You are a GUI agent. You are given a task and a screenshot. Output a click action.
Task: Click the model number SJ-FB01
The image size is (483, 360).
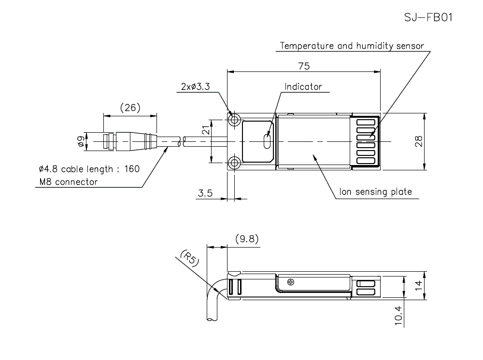tap(428, 17)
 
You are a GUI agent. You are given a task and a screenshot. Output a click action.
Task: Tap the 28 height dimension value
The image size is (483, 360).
tap(419, 141)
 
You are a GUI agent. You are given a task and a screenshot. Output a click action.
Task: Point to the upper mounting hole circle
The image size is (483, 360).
tap(235, 120)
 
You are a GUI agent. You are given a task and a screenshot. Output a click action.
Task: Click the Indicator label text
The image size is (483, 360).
tap(303, 87)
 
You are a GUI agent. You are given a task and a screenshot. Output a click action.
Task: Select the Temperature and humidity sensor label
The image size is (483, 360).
tap(352, 46)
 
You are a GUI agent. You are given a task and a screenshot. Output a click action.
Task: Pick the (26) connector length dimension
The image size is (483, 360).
tap(130, 108)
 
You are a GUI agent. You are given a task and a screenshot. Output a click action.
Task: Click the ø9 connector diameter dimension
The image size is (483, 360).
tap(80, 141)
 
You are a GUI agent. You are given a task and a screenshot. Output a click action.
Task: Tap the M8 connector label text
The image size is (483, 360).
tap(68, 182)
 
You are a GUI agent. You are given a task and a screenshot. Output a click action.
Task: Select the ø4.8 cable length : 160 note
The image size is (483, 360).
tap(89, 169)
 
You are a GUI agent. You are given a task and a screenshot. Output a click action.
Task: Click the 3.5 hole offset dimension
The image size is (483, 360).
tap(205, 194)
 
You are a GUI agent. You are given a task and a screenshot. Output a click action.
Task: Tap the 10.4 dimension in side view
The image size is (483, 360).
tap(398, 316)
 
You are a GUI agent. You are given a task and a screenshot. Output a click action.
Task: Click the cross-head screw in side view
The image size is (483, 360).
tap(290, 282)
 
